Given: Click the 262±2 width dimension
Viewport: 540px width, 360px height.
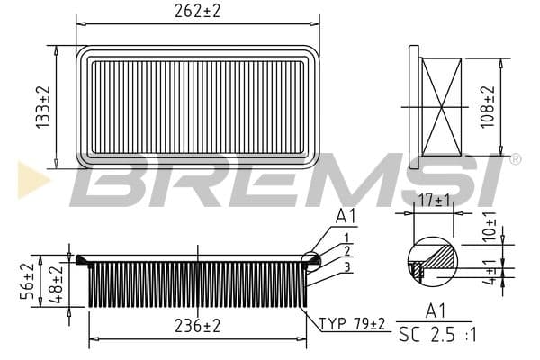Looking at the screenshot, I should (x=197, y=11).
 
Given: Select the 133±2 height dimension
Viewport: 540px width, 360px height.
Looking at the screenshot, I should (x=42, y=108).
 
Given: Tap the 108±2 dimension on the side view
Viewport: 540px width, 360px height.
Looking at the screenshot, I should (x=488, y=107).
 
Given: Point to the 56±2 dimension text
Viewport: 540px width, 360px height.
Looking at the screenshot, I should (x=29, y=281).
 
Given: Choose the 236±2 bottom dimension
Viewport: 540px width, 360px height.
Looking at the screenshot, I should (x=196, y=326).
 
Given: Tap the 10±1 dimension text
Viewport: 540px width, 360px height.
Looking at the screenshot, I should (x=490, y=226).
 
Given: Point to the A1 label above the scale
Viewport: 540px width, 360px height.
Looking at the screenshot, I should (x=436, y=311).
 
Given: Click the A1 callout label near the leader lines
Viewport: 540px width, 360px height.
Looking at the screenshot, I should (x=346, y=216).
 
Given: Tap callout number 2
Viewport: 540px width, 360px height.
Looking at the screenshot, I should (x=346, y=251).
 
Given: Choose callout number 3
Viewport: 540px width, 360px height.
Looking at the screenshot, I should (x=346, y=266).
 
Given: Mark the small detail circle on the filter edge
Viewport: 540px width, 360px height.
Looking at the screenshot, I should (x=310, y=261).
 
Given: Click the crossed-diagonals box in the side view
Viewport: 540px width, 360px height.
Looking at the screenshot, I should (x=441, y=107).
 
